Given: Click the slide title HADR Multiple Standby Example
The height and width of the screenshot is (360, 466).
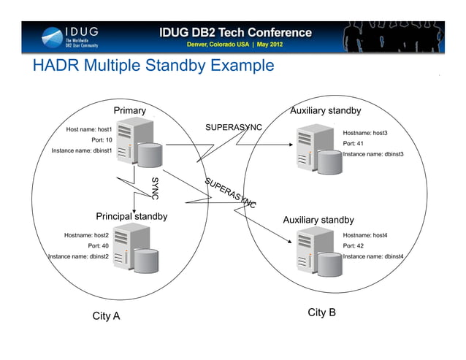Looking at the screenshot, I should tap(153, 66).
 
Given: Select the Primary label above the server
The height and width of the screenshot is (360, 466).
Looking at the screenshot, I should tap(129, 110).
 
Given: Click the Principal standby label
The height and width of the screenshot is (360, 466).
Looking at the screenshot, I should tap(131, 216).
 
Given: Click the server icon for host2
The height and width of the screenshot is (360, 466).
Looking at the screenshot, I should tap(135, 249).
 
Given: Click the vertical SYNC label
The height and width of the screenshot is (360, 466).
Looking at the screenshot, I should tap(155, 188).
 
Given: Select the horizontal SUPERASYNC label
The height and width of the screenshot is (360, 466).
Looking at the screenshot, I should tap(233, 127).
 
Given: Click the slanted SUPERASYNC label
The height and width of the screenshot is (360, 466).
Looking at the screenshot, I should tap(230, 193).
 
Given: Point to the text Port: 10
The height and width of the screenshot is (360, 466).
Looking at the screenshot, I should tap(101, 139).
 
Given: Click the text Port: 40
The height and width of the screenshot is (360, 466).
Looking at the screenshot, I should tap(98, 246).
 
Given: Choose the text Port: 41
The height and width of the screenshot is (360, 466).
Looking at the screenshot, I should tap(354, 144).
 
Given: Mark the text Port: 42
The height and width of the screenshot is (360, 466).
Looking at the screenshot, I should tap(354, 246).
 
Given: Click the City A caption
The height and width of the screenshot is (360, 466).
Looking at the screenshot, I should tap(106, 316).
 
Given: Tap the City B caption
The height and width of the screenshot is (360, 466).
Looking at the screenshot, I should tap(321, 313).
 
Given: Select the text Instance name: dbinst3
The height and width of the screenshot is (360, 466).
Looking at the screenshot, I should tap(373, 154).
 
